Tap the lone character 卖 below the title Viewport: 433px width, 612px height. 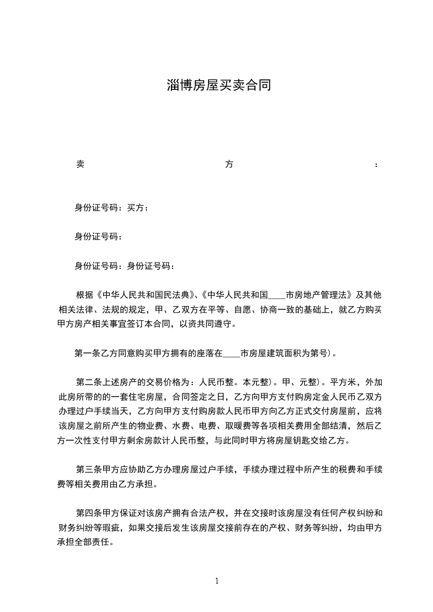79,164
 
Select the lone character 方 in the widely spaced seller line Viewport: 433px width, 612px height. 229,164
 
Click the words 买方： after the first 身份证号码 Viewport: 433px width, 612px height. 138,207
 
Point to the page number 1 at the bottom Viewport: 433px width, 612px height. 217,580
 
